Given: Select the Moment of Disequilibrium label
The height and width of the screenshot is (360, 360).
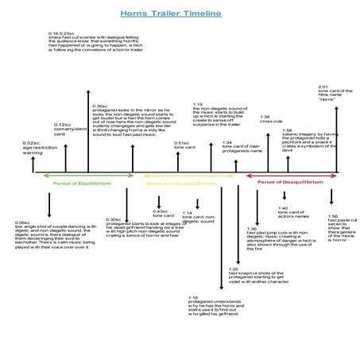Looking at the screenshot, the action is pos(180,183).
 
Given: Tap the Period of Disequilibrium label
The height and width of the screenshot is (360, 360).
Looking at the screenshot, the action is pos(290,181).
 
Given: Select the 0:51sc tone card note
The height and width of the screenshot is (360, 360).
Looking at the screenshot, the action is pos(184,145).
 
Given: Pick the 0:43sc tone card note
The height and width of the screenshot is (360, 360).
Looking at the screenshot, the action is pos(163,214).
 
